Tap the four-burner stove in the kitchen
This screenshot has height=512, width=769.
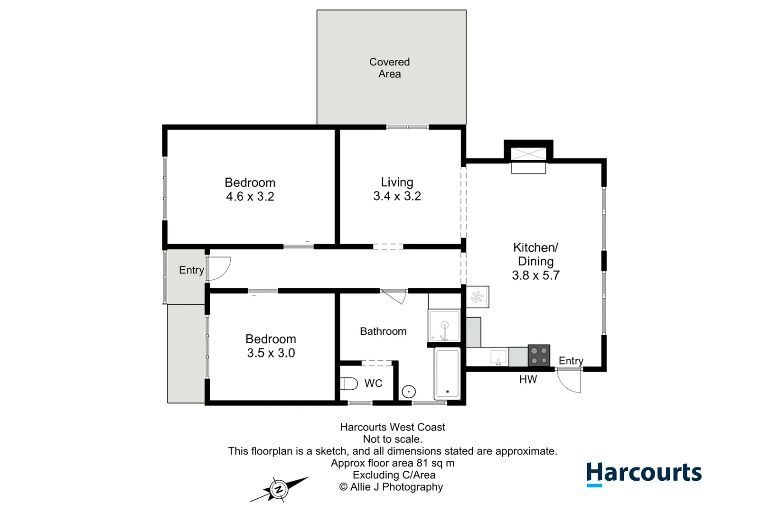(x=539, y=356)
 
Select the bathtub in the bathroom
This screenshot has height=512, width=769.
(x=447, y=374)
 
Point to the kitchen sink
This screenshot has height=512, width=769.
(x=498, y=357)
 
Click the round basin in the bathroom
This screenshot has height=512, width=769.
(x=409, y=391)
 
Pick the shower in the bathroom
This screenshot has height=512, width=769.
(x=444, y=326)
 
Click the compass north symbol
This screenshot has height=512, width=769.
(x=279, y=489)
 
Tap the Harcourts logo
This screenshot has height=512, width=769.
(x=644, y=474)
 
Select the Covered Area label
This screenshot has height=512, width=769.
(x=390, y=68)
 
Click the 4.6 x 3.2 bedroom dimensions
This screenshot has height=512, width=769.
(x=250, y=196)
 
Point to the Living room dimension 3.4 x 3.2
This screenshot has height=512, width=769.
(x=397, y=196)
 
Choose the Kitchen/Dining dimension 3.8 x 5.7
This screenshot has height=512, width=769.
(x=536, y=275)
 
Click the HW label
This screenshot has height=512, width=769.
(x=528, y=379)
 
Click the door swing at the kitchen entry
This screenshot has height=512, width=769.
(x=569, y=381)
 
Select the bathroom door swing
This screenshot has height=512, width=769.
(x=394, y=297)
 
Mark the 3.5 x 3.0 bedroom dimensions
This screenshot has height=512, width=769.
(x=271, y=353)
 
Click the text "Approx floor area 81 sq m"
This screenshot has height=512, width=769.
(x=393, y=463)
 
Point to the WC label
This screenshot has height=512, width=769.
(x=373, y=383)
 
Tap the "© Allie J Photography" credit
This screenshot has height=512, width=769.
(x=391, y=487)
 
